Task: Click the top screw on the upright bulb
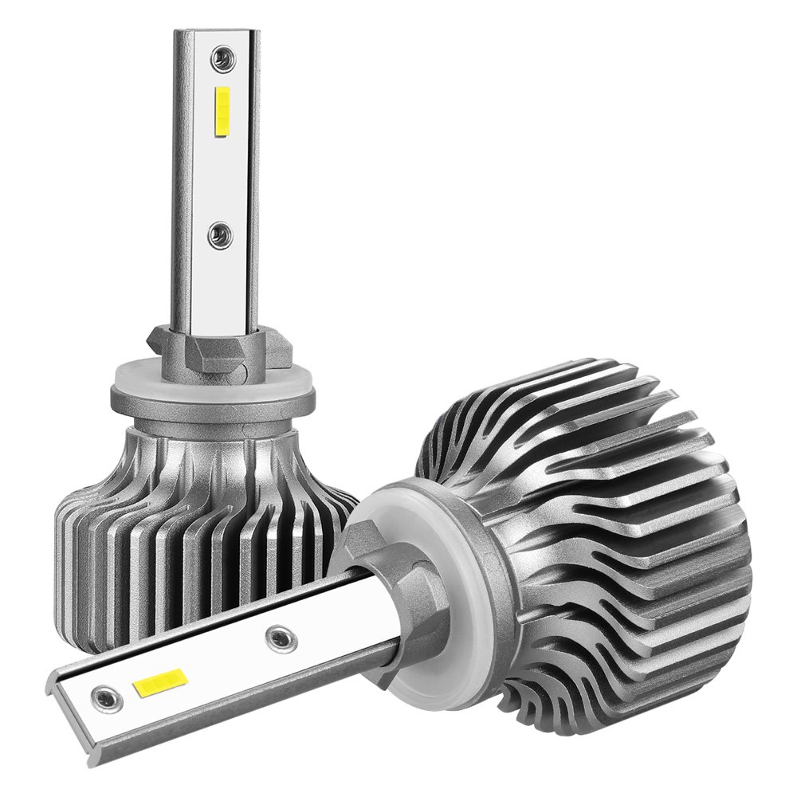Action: pyautogui.click(x=219, y=58)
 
